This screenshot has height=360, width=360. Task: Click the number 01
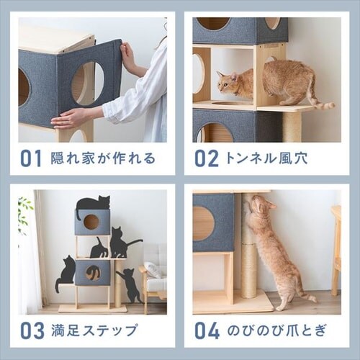click(x=31, y=158)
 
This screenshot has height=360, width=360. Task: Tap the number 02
click(x=206, y=158)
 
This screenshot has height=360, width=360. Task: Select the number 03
click(x=32, y=330)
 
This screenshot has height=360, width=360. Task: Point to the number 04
click(x=207, y=330)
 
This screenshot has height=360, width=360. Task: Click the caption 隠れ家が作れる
click(x=103, y=158)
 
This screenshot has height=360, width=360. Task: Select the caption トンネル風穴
click(x=266, y=158)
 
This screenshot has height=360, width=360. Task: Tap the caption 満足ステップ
click(x=94, y=330)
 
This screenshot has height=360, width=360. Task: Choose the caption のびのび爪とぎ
click(x=276, y=330)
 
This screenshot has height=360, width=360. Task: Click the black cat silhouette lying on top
click(x=93, y=204)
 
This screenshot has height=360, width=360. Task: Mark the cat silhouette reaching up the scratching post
click(x=129, y=285)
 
